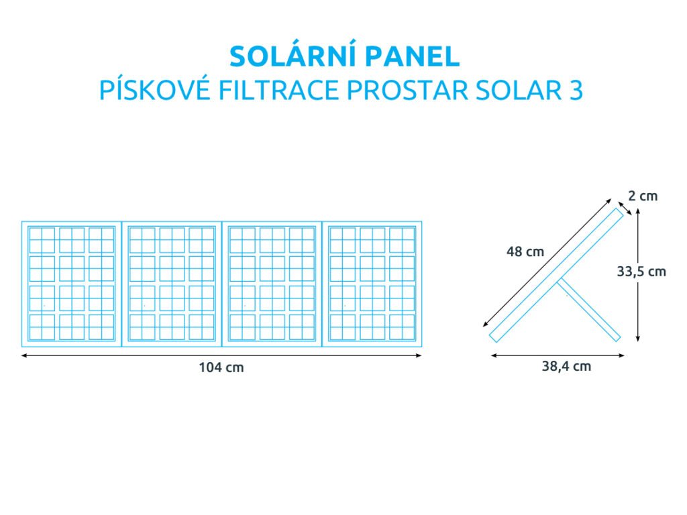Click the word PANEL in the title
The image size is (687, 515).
413,56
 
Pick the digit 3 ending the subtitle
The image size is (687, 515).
576,91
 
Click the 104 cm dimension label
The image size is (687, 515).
221,367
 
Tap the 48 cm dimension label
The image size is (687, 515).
525,252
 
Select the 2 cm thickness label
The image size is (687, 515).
643,196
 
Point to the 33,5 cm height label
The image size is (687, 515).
641,272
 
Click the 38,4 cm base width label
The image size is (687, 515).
566,366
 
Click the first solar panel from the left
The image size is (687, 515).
71,284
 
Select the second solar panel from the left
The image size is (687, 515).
172,284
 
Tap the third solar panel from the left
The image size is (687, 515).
272,284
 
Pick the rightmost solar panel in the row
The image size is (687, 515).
372,284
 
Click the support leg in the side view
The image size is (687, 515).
589,310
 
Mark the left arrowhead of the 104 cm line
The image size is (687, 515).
24,355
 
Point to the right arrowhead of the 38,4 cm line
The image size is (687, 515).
621,355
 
